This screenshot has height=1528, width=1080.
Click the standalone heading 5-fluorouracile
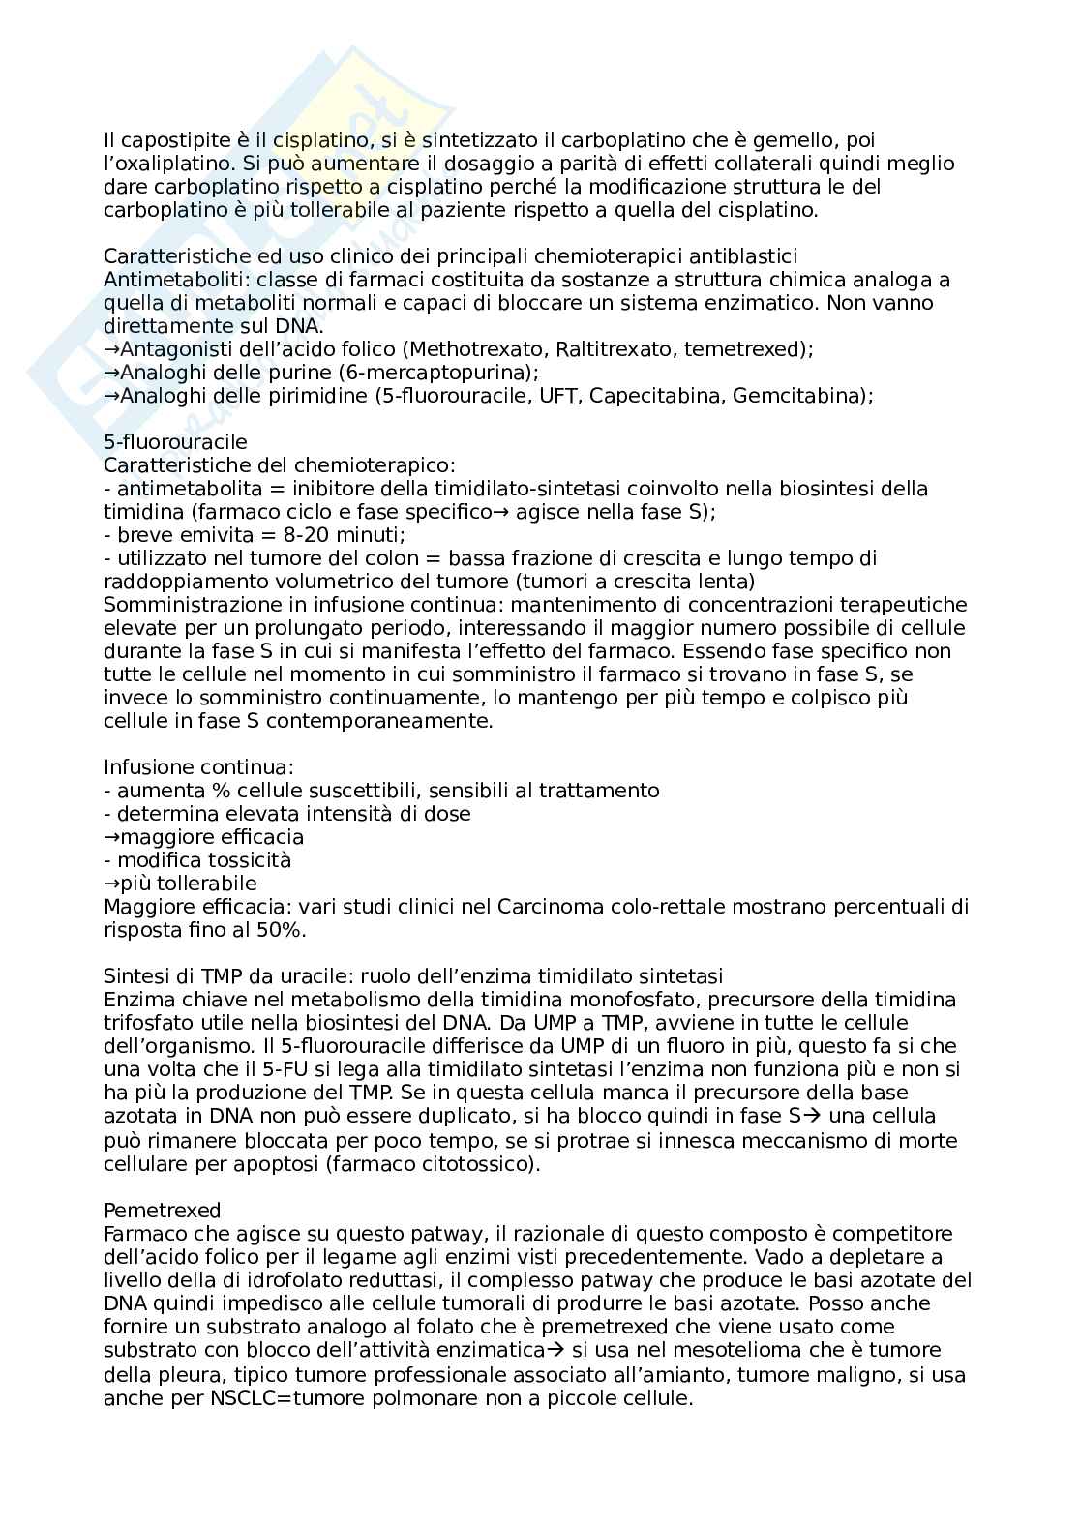coord(175,442)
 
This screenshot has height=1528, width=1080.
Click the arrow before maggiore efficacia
coord(110,837)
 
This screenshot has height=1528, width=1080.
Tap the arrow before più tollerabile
coord(110,884)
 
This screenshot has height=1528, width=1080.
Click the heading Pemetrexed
coord(163,1210)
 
